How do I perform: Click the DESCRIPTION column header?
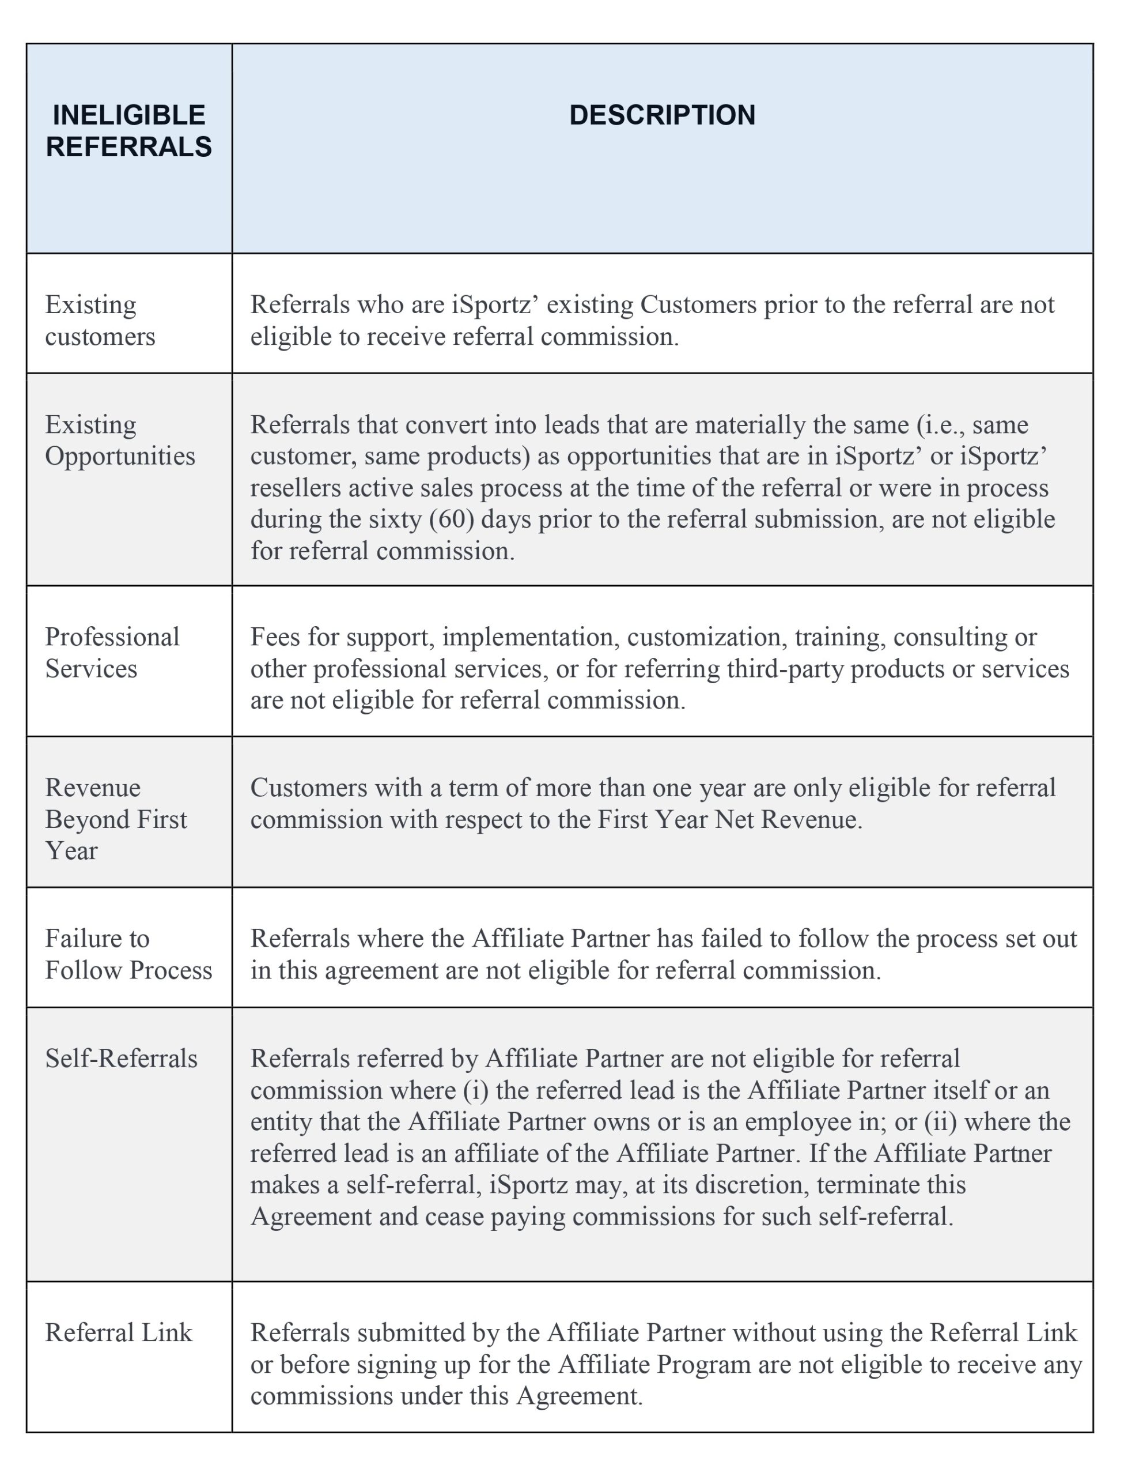click(x=662, y=115)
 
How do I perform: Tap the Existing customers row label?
click(x=100, y=320)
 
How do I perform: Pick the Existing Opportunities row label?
click(x=120, y=440)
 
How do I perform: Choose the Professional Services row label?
click(x=112, y=652)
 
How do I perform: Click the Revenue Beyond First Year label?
click(x=115, y=819)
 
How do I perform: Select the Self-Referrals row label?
click(x=121, y=1059)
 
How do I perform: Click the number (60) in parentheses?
click(x=452, y=519)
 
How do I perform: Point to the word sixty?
click(x=394, y=519)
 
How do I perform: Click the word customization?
click(x=705, y=637)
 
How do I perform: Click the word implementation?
click(x=528, y=637)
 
